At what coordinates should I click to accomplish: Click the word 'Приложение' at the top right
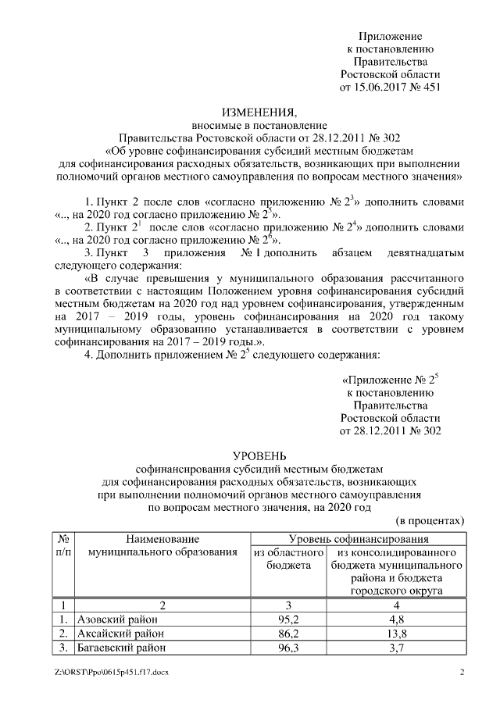[x=390, y=37]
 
